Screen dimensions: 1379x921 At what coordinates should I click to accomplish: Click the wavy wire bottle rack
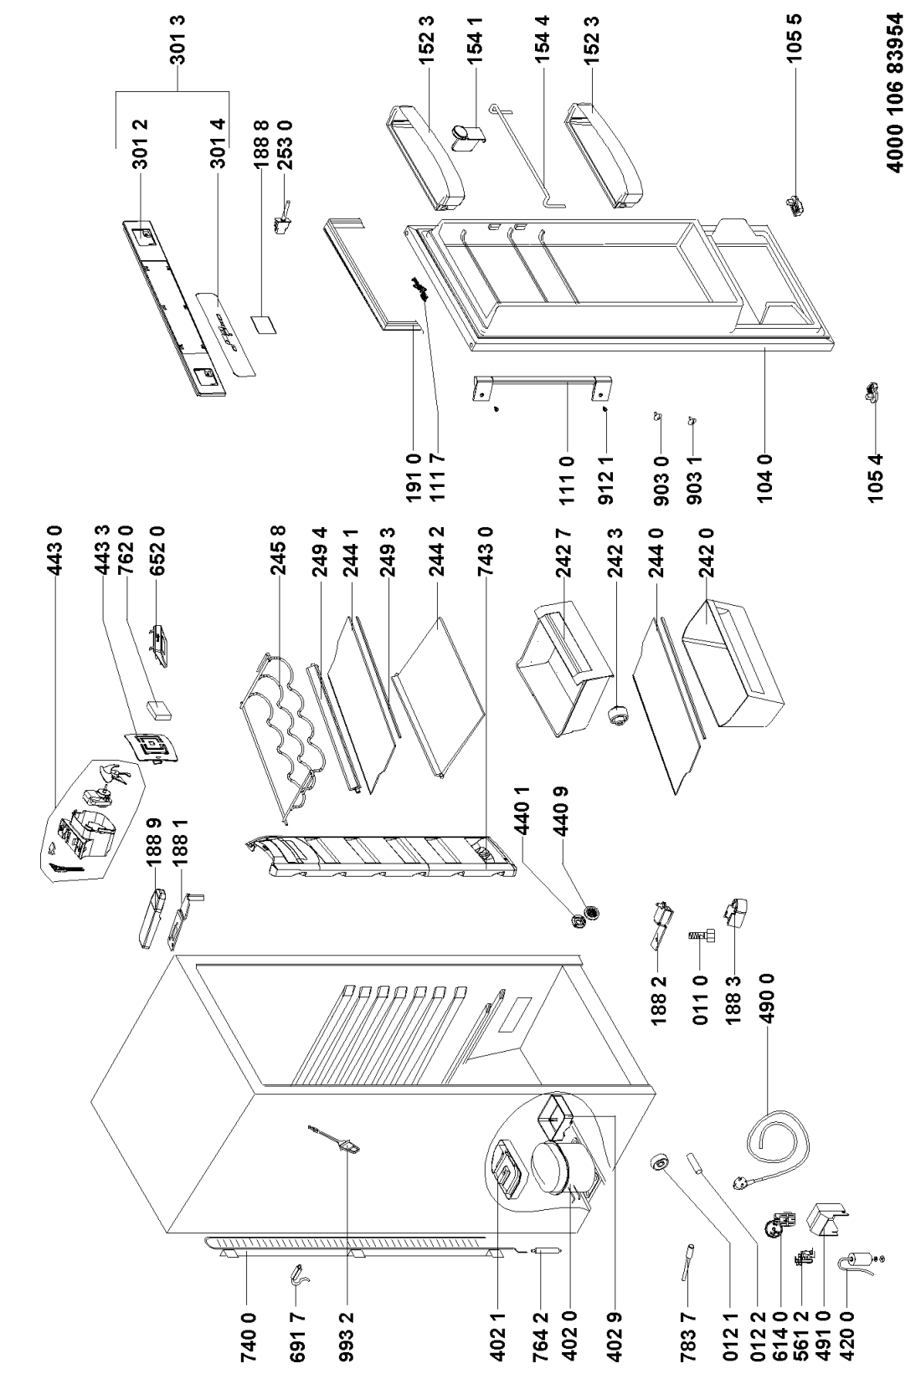[x=285, y=728]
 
